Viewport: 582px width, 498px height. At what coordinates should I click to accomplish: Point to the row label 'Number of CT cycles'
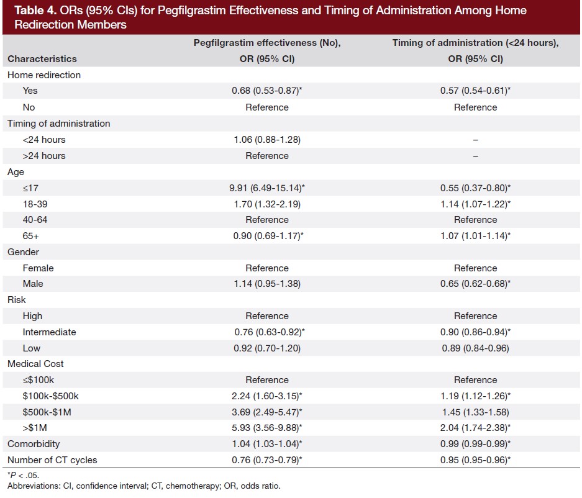[x=52, y=460]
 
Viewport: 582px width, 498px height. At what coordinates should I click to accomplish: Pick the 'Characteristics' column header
[x=42, y=59]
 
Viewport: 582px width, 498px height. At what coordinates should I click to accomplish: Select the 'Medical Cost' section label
[x=35, y=364]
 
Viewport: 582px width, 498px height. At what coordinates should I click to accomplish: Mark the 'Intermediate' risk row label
[x=49, y=332]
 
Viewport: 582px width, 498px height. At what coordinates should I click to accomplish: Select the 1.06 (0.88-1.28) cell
[x=266, y=140]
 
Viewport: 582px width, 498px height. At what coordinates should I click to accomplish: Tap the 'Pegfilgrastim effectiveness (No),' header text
[x=266, y=43]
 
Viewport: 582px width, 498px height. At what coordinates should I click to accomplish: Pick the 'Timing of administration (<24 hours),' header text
[x=475, y=43]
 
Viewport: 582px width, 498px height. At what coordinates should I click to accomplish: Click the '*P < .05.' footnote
[x=24, y=476]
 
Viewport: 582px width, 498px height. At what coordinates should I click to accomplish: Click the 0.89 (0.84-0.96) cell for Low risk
[x=475, y=348]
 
